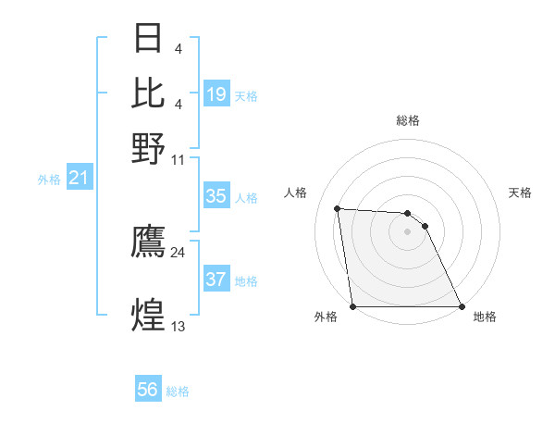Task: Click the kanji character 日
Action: [148, 39]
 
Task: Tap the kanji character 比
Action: [148, 93]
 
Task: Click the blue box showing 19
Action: [216, 94]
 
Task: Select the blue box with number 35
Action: [216, 196]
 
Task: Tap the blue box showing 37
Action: [216, 280]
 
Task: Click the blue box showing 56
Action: [148, 390]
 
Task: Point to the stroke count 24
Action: [178, 252]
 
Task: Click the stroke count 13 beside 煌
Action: [178, 326]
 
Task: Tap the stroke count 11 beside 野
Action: [178, 159]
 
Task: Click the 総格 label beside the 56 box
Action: [178, 391]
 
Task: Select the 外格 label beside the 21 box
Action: [48, 180]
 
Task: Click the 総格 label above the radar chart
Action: [407, 120]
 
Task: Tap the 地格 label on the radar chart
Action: [485, 317]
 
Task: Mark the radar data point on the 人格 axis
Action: [338, 208]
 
